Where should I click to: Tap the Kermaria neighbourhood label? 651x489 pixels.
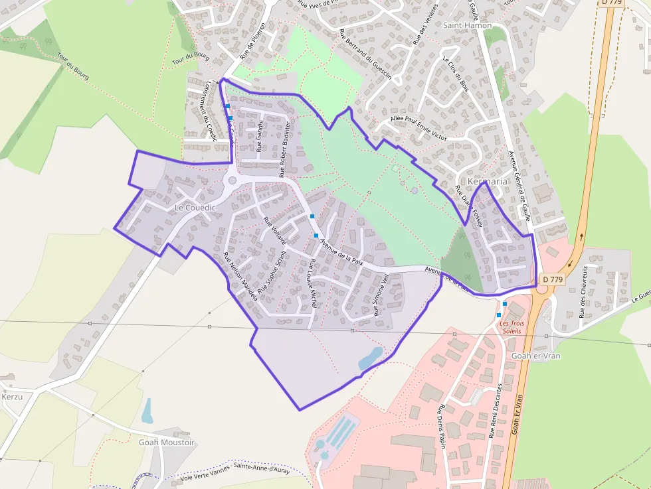(x=488, y=181)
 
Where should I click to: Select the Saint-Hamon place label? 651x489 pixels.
(x=468, y=25)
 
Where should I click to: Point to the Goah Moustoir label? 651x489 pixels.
(x=167, y=442)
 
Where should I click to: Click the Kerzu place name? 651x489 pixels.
(x=12, y=397)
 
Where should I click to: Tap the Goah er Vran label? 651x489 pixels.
(x=536, y=356)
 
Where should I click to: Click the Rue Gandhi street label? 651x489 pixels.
(x=260, y=136)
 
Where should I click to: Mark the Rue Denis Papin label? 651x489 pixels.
(x=440, y=426)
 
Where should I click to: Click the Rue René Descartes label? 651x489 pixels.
(x=496, y=410)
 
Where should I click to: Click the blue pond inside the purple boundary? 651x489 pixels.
(x=371, y=358)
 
